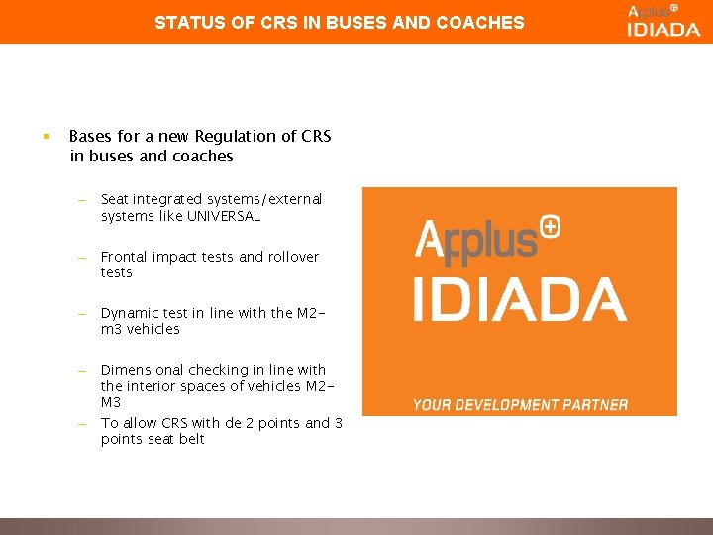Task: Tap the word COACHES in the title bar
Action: pyautogui.click(x=484, y=21)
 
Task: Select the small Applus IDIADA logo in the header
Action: pyautogui.click(x=662, y=20)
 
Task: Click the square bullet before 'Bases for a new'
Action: pyautogui.click(x=47, y=136)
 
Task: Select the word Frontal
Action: pyautogui.click(x=125, y=257)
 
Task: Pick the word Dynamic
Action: pyautogui.click(x=129, y=313)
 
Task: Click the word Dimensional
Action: pyautogui.click(x=142, y=370)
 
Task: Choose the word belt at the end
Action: pyautogui.click(x=190, y=439)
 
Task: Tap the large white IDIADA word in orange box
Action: pyautogui.click(x=519, y=299)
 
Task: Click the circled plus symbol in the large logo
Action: pyautogui.click(x=552, y=226)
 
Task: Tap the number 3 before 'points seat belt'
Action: pyautogui.click(x=338, y=423)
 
